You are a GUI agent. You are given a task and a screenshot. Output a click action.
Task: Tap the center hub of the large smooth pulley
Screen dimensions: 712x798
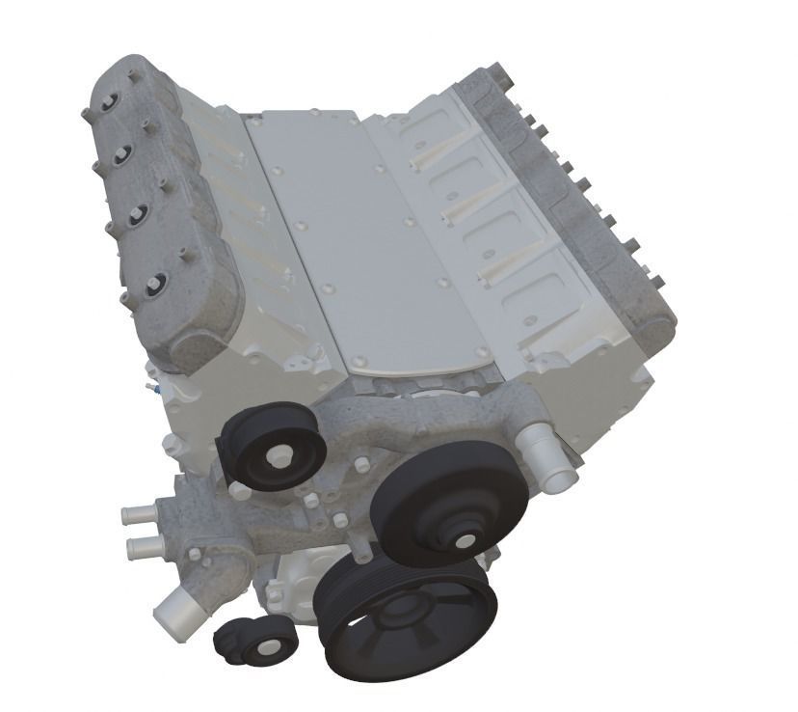tap(464, 539)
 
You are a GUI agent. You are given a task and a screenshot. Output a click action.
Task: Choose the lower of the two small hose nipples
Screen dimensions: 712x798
tap(143, 548)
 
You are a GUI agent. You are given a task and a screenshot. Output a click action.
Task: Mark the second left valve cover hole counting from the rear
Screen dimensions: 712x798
tap(123, 154)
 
